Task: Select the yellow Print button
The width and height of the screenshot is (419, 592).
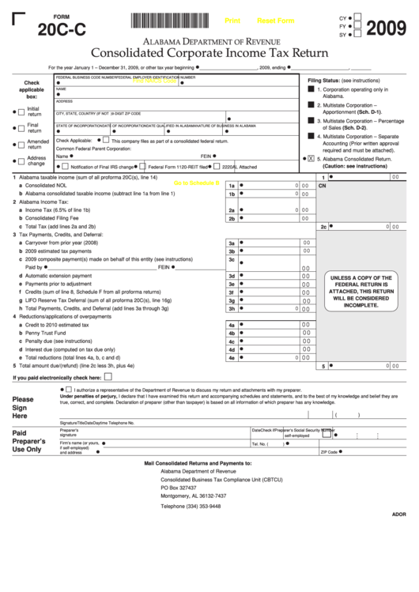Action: pyautogui.click(x=232, y=21)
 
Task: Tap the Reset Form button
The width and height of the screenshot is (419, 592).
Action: pyautogui.click(x=276, y=21)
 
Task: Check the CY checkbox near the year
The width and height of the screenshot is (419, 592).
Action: pyautogui.click(x=357, y=17)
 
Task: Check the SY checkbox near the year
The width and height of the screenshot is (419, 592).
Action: pyautogui.click(x=357, y=35)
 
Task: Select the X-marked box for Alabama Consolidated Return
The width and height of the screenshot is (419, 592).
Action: pyautogui.click(x=311, y=158)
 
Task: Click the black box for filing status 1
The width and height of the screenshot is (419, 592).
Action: pyautogui.click(x=311, y=90)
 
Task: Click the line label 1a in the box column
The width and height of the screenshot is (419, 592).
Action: pyautogui.click(x=232, y=185)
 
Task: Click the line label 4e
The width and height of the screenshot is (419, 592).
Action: pyautogui.click(x=232, y=357)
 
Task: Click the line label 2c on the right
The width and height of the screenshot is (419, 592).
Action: pyautogui.click(x=323, y=226)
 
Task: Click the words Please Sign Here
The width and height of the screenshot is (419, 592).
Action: pyautogui.click(x=23, y=408)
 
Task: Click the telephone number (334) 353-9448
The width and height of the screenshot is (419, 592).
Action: pyautogui.click(x=191, y=506)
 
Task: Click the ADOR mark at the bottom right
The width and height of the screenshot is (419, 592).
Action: pyautogui.click(x=398, y=536)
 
